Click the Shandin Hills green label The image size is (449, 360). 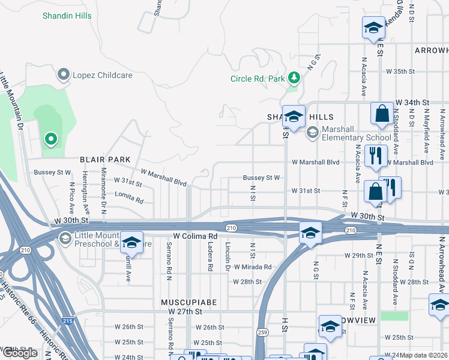coord(67,16)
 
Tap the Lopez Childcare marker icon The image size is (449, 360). coord(63,75)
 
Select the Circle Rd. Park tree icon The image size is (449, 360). coord(294,78)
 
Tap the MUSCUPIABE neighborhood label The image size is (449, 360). coord(188,302)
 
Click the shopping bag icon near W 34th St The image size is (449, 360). coord(382,113)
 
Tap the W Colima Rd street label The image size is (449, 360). coord(194,236)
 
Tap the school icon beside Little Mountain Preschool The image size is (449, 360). coord(131,243)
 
